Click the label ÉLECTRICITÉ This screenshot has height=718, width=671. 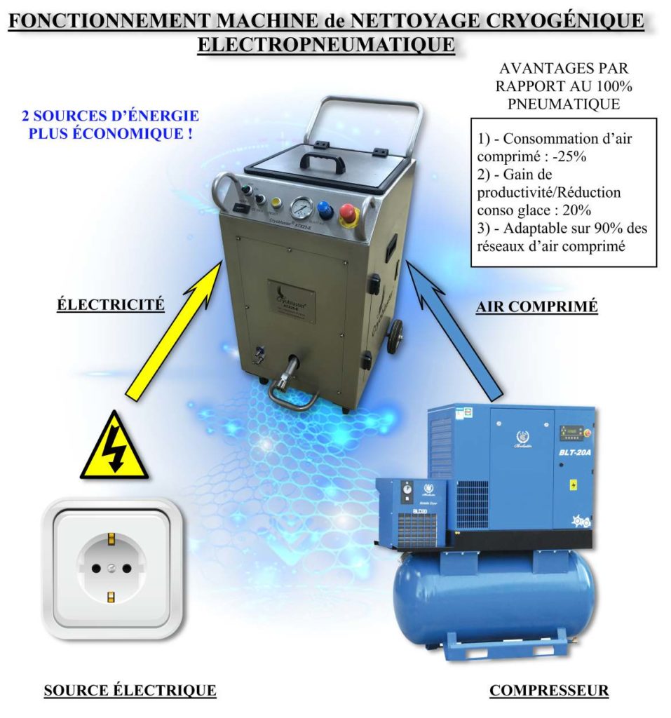tap(111, 305)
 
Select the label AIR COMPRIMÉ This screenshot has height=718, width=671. tap(536, 307)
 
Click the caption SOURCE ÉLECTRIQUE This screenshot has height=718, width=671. tap(130, 691)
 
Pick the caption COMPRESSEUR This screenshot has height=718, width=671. tap(549, 691)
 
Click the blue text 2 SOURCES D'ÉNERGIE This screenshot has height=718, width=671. tap(111, 116)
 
